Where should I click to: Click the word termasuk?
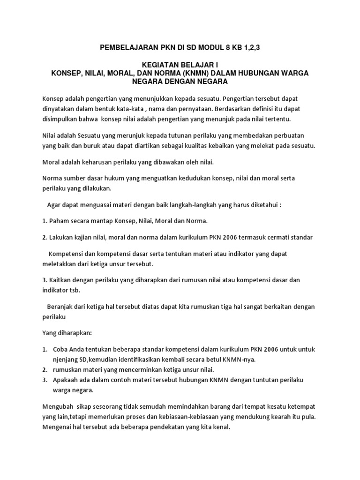point(246,237)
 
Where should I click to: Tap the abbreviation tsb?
point(75,290)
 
